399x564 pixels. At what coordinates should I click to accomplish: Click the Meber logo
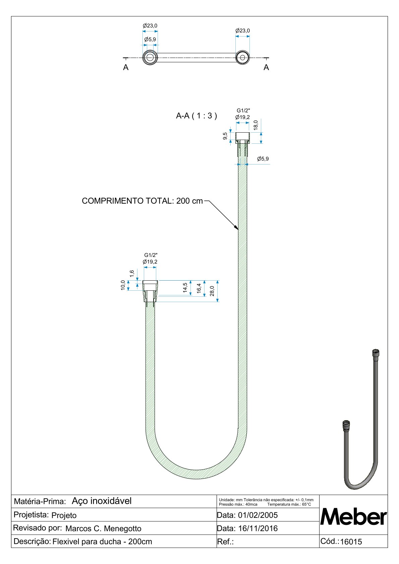(353, 517)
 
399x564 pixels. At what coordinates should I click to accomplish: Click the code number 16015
(351, 542)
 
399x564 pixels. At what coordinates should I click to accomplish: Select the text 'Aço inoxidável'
(102, 501)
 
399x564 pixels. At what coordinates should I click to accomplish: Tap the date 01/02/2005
(258, 515)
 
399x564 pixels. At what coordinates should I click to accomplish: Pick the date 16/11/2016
(258, 528)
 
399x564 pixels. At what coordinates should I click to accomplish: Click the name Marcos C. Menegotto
(103, 528)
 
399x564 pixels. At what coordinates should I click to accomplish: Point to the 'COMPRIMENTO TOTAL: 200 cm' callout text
(142, 201)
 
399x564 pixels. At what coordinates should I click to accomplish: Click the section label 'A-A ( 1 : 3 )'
(196, 116)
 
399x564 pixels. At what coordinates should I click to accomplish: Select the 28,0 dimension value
(212, 291)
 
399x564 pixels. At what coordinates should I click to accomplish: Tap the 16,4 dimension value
(199, 288)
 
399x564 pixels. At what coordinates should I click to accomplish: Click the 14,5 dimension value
(185, 288)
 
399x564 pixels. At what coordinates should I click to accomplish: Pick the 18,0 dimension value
(256, 125)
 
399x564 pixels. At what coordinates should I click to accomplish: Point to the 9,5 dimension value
(225, 137)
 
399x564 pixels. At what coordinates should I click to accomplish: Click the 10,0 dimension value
(123, 285)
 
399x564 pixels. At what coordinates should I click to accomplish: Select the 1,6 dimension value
(132, 273)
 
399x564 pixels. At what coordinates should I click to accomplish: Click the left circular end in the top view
(150, 58)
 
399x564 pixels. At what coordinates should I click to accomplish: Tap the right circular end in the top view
(242, 58)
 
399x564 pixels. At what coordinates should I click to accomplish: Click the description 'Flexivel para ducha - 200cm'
(102, 542)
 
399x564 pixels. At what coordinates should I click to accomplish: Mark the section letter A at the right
(266, 68)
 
